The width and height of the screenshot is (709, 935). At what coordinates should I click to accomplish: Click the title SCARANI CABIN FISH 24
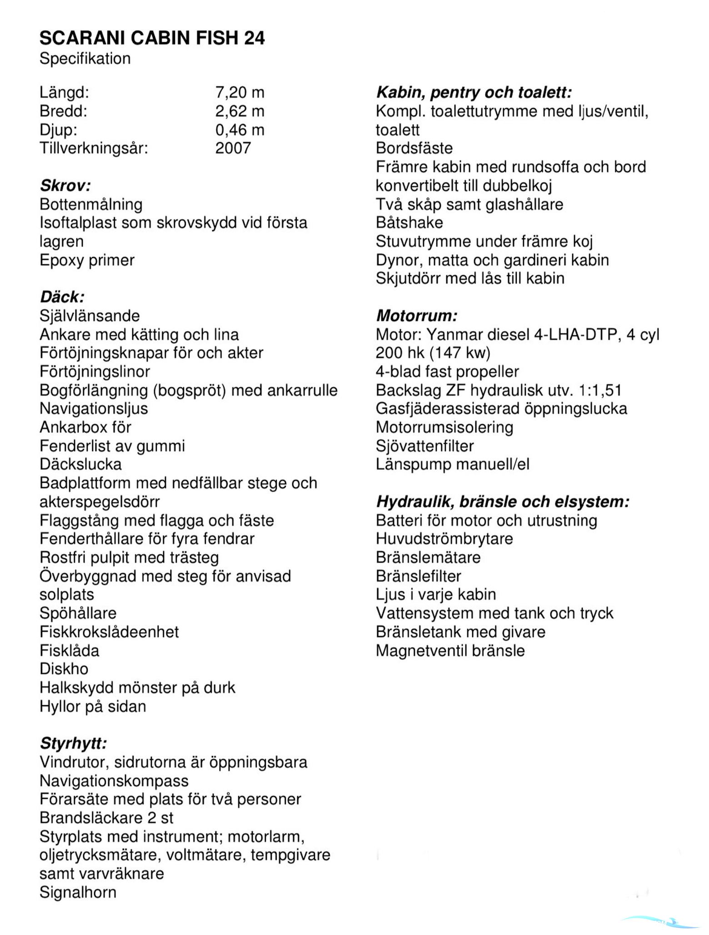click(x=152, y=38)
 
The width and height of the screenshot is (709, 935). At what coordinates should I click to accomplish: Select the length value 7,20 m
click(x=240, y=93)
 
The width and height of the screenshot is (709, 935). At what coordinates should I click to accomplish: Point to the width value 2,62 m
click(x=240, y=111)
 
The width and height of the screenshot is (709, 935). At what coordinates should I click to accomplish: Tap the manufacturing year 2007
click(x=233, y=148)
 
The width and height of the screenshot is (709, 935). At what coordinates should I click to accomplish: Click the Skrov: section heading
click(x=65, y=186)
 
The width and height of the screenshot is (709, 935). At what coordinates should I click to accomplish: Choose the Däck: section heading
click(x=62, y=297)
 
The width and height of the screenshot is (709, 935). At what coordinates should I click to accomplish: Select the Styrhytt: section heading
click(x=73, y=744)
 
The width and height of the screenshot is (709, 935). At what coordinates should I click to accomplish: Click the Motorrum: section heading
click(x=416, y=316)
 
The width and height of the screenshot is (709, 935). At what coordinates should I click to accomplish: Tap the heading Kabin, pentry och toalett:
click(x=474, y=93)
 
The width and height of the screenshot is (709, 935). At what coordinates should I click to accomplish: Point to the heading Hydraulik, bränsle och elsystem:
click(x=503, y=502)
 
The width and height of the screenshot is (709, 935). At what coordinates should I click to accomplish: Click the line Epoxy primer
click(x=87, y=260)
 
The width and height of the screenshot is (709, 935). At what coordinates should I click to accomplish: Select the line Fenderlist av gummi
click(x=112, y=446)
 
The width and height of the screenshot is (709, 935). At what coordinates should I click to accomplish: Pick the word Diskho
click(x=64, y=669)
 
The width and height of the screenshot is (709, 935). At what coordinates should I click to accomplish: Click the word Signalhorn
click(x=78, y=892)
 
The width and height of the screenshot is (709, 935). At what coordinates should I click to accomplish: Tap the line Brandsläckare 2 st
click(x=106, y=818)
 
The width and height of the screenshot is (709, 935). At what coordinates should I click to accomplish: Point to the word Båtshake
click(x=409, y=223)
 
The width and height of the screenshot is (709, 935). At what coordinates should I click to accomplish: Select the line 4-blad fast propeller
click(x=447, y=372)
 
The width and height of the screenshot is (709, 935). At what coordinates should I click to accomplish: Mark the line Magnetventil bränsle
click(x=450, y=651)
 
